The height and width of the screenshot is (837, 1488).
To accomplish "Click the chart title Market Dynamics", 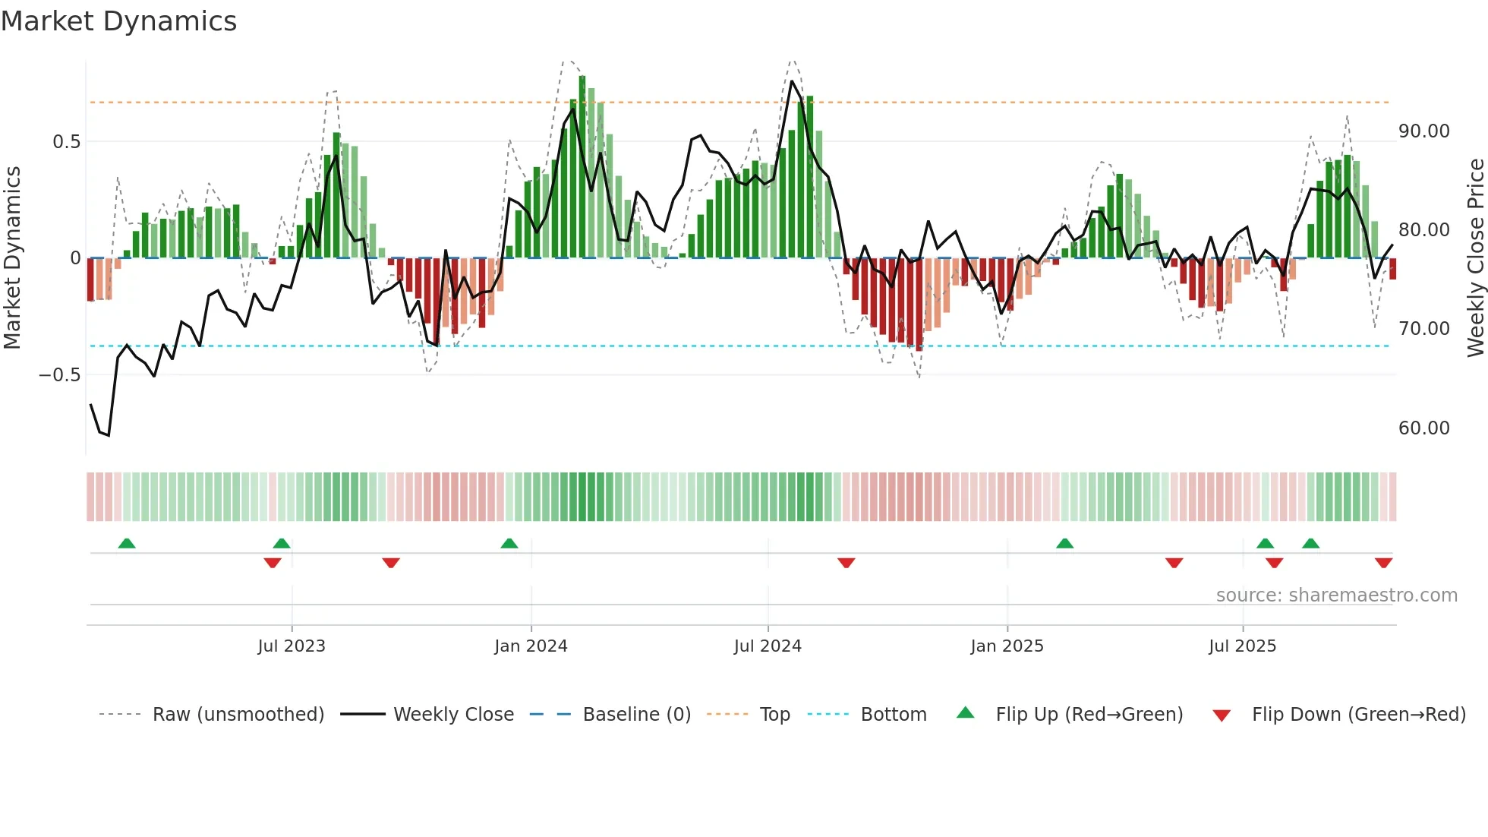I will (118, 21).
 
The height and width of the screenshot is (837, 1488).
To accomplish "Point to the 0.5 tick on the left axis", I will (66, 142).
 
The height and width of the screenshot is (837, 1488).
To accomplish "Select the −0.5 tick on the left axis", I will (59, 375).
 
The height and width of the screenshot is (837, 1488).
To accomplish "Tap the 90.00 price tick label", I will (1423, 131).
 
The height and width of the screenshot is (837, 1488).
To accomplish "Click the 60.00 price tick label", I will (1423, 428).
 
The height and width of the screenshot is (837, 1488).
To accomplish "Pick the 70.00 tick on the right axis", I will (1423, 329).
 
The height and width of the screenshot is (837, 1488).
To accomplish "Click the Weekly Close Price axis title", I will (1475, 257).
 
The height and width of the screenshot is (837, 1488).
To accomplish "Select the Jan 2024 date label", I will (531, 646).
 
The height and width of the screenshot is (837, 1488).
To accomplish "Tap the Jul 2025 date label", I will (1242, 646).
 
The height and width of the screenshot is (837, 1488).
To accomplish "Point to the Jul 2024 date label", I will (768, 646).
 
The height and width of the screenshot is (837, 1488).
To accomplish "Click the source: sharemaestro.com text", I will (1336, 595).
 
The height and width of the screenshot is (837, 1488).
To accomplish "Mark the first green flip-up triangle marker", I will (127, 543).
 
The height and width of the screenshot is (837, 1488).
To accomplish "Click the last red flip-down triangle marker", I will (1383, 563).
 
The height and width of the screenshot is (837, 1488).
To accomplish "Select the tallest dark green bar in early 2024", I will (582, 167).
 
